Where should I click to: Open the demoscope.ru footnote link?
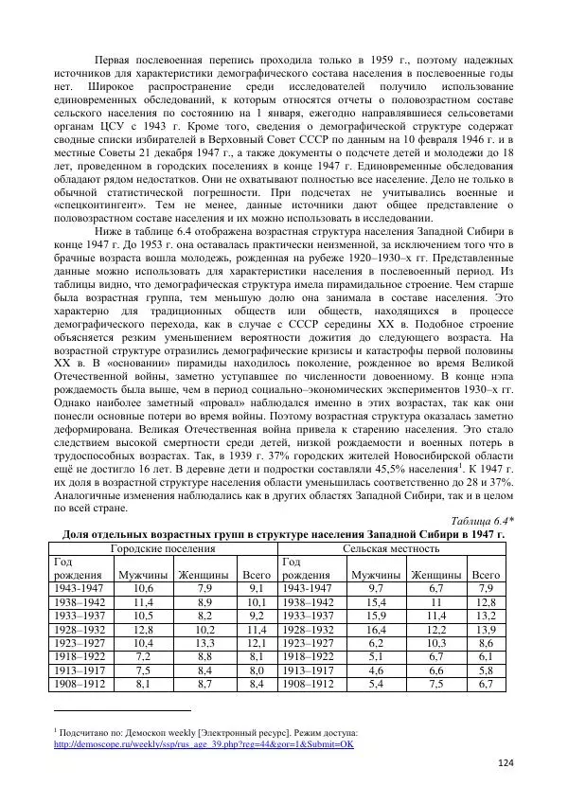[x=204, y=743]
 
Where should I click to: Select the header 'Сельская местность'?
[x=391, y=548]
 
